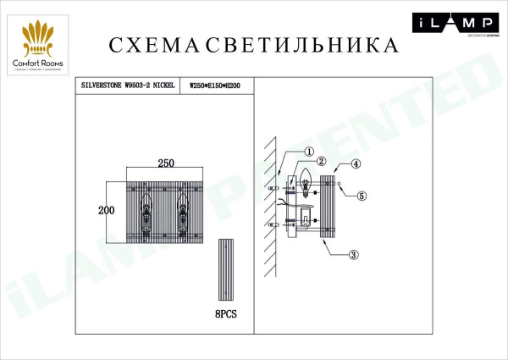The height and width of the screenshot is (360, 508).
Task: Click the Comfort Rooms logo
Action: [38, 43]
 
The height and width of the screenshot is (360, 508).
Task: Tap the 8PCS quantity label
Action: [226, 313]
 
